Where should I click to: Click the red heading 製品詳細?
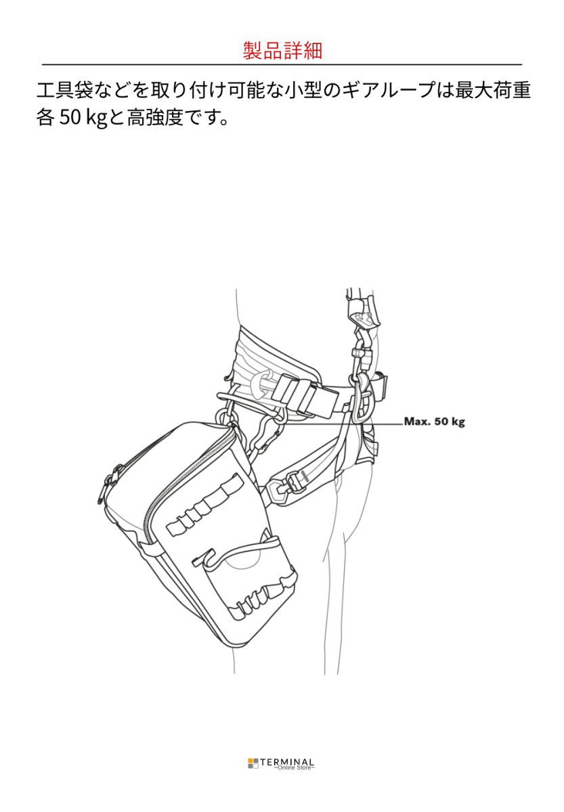click(x=282, y=50)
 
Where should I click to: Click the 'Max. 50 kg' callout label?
click(x=434, y=422)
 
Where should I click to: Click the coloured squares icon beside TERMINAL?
click(x=253, y=763)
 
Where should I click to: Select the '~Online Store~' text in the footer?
click(x=294, y=768)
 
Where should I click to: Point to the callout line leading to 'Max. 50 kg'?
click(x=339, y=423)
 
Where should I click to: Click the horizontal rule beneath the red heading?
click(x=282, y=64)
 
